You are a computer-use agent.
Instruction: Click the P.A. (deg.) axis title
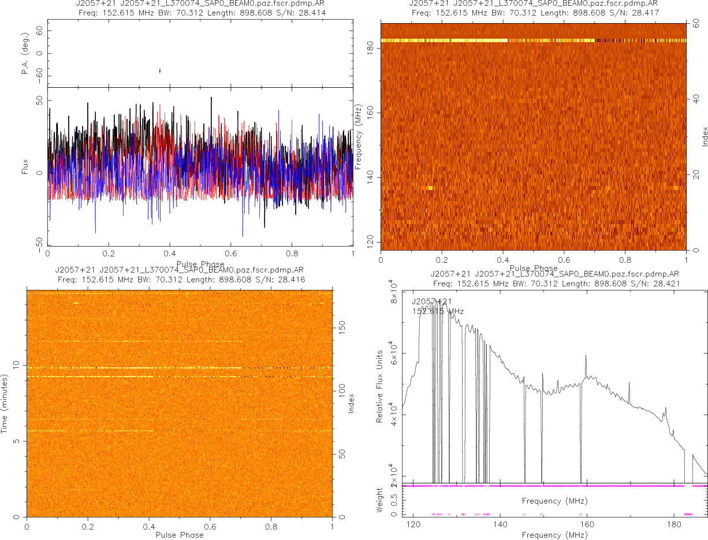[25, 54]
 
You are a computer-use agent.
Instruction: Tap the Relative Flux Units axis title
[380, 386]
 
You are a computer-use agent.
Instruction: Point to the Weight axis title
[380, 500]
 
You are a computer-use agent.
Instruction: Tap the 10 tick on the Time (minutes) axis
[17, 365]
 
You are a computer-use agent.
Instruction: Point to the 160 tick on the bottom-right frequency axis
[587, 524]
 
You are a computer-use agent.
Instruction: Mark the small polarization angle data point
[159, 70]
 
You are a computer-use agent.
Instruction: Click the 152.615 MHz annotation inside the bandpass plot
[438, 311]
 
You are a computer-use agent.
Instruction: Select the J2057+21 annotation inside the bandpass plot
[431, 301]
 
